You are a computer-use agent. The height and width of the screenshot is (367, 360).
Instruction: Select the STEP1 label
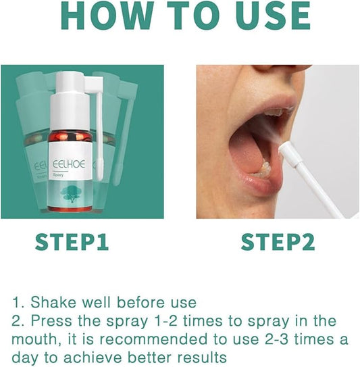click(72, 242)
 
